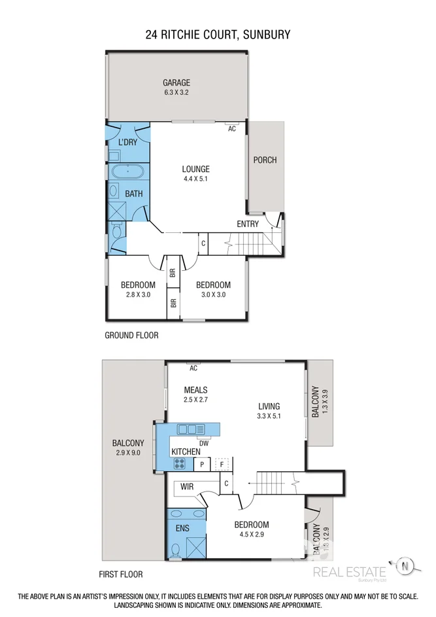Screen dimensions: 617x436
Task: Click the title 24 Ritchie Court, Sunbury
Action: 218,34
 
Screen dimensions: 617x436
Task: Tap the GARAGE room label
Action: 176,82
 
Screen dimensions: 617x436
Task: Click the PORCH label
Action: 265,160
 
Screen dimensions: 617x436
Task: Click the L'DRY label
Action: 127,142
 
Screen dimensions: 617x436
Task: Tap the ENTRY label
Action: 248,224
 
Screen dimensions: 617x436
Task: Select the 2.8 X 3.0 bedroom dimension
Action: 138,295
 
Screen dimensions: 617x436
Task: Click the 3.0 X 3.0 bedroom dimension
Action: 213,295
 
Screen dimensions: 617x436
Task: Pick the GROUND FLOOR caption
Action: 131,335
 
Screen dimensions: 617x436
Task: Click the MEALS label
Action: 195,390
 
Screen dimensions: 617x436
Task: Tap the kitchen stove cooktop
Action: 180,463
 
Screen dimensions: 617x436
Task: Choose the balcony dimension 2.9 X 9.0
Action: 127,452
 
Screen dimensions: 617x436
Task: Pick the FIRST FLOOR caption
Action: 120,574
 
